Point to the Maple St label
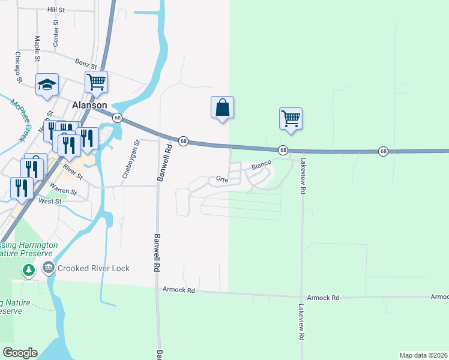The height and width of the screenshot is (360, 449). [37, 48]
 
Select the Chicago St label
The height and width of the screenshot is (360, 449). [19, 67]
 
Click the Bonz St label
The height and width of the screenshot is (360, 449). [86, 62]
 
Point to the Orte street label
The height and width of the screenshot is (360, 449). [222, 179]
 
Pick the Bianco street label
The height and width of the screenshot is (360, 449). [261, 163]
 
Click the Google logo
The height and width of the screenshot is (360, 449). [20, 352]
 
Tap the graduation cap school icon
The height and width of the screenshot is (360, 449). [46, 85]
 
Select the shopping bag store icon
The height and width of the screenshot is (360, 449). [222, 107]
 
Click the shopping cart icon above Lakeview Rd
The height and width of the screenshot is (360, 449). [291, 118]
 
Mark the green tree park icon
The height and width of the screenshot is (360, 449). [28, 271]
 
